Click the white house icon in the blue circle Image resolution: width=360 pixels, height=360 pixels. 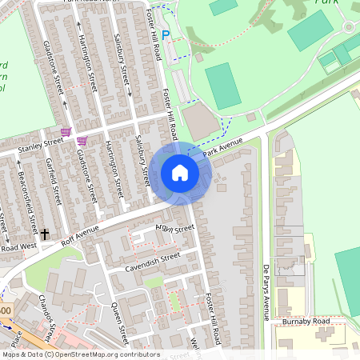click(x=180, y=173)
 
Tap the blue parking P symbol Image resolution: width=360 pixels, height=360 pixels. click(x=166, y=34)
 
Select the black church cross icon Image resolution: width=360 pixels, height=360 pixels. click(x=45, y=234)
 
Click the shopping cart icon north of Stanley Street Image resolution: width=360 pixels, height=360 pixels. click(x=66, y=131)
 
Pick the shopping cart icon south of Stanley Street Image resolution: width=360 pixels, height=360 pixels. click(x=82, y=141)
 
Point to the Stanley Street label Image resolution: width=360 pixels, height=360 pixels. click(x=42, y=143)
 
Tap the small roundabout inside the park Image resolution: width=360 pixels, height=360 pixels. click(x=349, y=26)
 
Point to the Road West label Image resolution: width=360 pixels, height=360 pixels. click(x=18, y=246)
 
